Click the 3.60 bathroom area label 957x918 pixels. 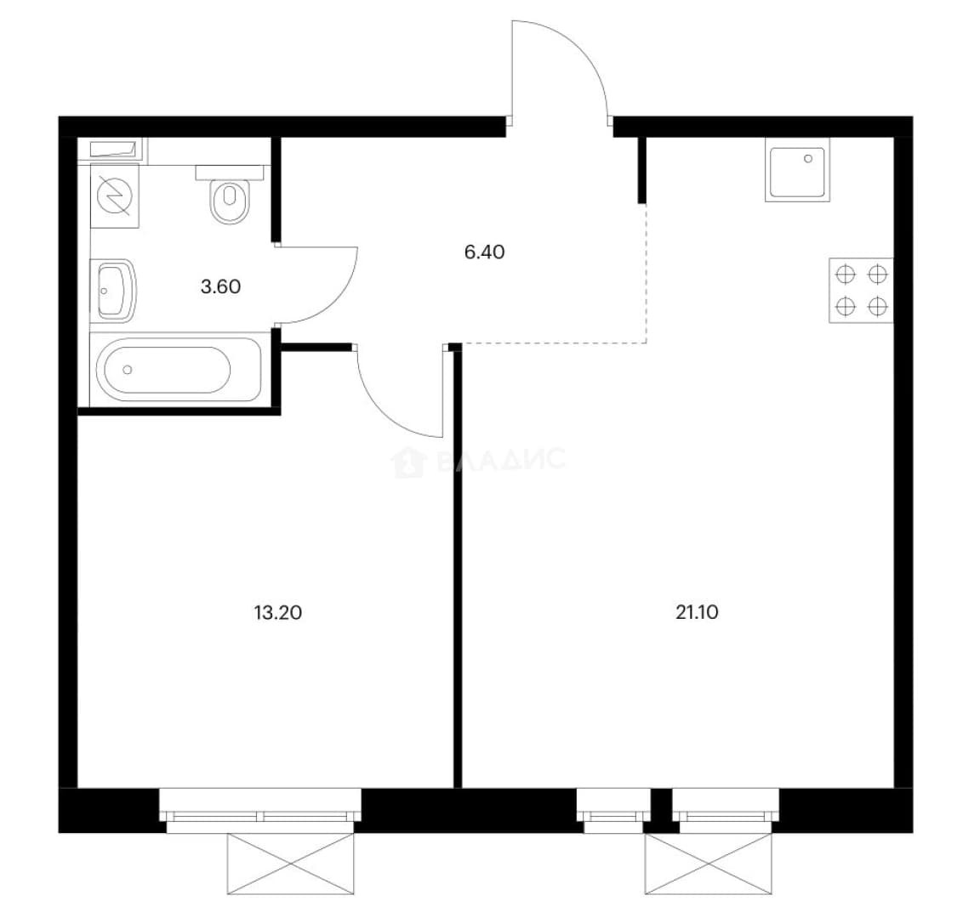click(x=220, y=286)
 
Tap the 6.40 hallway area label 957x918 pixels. click(x=484, y=252)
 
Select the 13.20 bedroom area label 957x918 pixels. click(x=277, y=612)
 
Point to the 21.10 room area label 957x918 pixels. click(x=697, y=612)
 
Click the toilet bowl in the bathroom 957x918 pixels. click(x=230, y=195)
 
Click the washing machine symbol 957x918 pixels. click(x=115, y=195)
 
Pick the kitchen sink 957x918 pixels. click(x=797, y=169)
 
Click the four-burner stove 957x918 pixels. click(x=861, y=291)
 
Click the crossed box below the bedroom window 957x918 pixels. click(x=291, y=864)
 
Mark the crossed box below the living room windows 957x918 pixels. click(x=709, y=864)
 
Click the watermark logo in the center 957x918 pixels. click(x=478, y=462)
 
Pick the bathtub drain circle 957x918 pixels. click(x=128, y=370)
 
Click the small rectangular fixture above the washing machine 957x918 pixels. click(x=115, y=149)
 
